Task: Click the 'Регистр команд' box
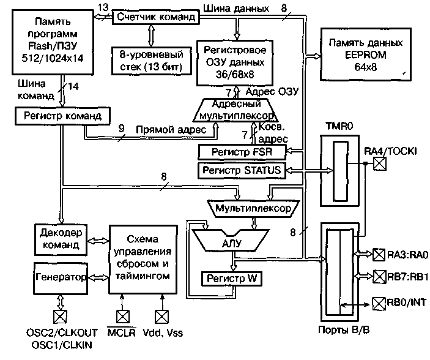coord(63,114)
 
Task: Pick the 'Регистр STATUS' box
coord(241,169)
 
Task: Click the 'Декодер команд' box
coord(61,239)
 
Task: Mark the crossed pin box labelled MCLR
coord(123,317)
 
